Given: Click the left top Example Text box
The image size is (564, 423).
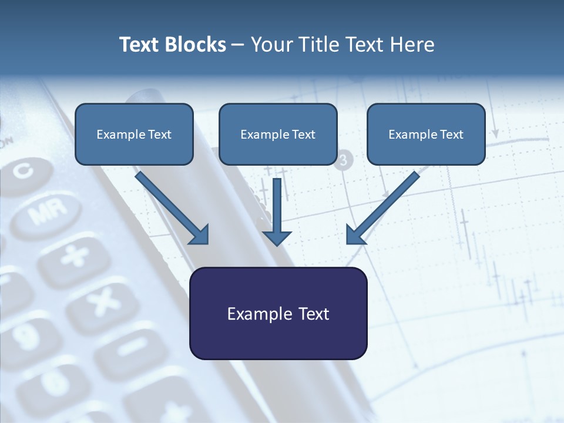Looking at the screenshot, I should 134,134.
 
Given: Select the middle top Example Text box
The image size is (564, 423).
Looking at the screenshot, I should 278,134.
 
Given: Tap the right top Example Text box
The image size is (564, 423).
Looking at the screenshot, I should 426,134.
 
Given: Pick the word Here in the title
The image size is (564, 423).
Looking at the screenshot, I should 414,45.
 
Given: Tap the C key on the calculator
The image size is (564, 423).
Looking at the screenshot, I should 23,170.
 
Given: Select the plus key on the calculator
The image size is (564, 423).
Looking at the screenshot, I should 75,256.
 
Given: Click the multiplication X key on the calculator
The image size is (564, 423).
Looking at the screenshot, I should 103,303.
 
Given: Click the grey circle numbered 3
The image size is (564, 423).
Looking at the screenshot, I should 344,159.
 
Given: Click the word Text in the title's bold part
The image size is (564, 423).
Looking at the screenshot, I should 139,45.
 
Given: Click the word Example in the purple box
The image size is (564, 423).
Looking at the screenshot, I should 254,314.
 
